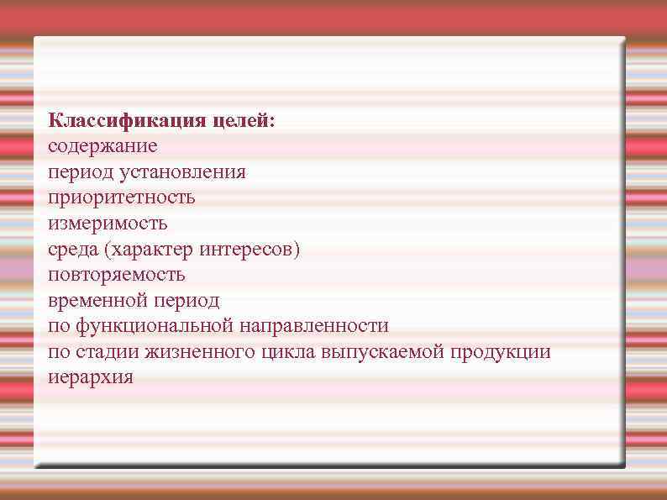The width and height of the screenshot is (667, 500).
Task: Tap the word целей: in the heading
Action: coord(243,122)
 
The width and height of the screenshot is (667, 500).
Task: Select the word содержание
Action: coord(102,146)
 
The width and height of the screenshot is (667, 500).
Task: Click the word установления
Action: coord(193,172)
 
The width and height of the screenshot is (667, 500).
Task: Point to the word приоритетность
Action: coord(121,198)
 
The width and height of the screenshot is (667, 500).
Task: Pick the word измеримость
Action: coord(108,224)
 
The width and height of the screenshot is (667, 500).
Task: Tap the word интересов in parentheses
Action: coord(251,250)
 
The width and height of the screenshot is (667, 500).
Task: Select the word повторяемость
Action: coord(117,275)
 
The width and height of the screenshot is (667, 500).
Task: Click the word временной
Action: coord(95,300)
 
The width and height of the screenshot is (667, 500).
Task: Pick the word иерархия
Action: coord(90,377)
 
